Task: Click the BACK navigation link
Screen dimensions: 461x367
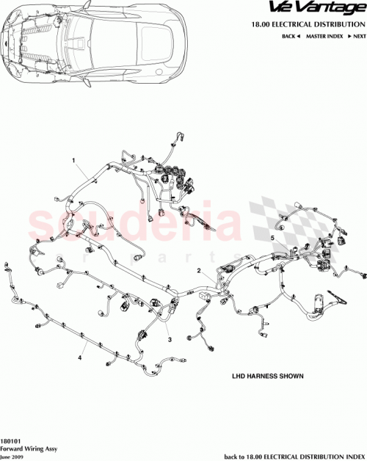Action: (x=290, y=35)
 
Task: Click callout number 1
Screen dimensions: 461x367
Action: (x=73, y=159)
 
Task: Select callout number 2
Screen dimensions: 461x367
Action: (x=198, y=270)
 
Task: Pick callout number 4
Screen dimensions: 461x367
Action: (x=79, y=357)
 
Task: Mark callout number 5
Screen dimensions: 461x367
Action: (x=272, y=239)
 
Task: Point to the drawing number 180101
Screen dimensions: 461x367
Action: (x=11, y=440)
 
